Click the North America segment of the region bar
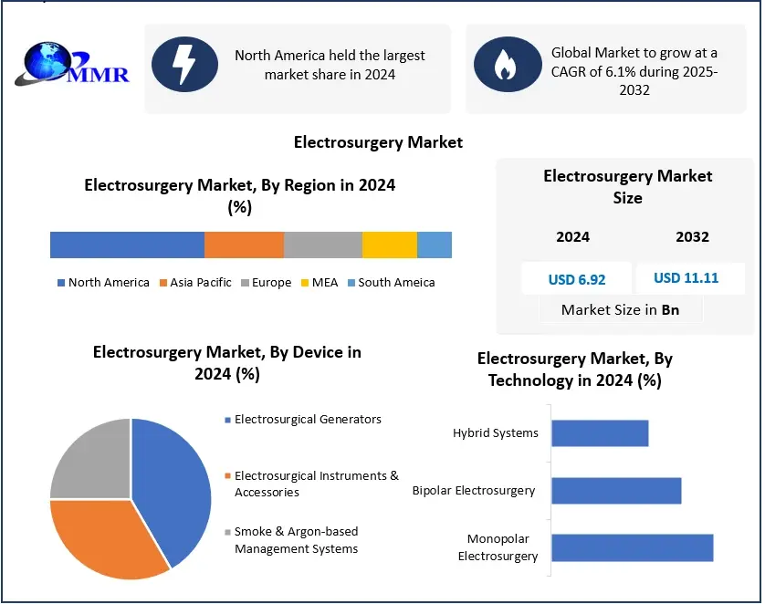point(127,245)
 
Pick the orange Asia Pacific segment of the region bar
point(244,245)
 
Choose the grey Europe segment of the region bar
point(322,245)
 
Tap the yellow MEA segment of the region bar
point(389,245)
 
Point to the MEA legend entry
point(320,283)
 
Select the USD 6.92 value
point(577,279)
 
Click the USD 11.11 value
point(686,277)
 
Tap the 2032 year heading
point(692,237)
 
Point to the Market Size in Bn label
point(620,310)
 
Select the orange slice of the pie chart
point(105,538)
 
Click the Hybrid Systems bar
point(600,432)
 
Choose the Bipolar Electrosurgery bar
point(616,490)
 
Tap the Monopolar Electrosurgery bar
point(632,547)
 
